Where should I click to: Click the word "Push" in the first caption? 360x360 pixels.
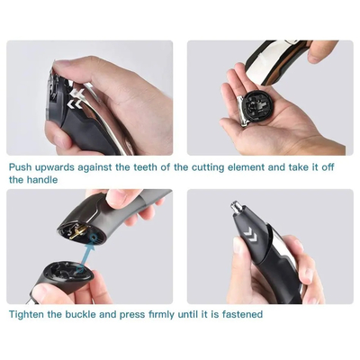point(20,166)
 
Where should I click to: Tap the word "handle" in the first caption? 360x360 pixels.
point(42,180)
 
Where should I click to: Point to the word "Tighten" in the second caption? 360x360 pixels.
point(26,314)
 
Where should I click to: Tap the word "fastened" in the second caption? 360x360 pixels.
point(242,314)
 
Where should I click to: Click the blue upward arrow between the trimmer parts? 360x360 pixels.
point(87,256)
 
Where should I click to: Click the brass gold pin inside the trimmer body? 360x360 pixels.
point(78,232)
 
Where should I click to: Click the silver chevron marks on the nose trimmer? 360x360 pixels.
point(249,234)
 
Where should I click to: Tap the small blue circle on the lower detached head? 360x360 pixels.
point(80,267)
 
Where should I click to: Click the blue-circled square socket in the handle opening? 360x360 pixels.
point(94,238)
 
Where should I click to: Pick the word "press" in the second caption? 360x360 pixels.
point(132,315)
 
